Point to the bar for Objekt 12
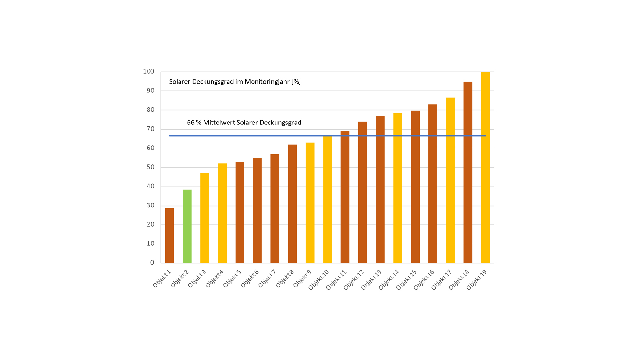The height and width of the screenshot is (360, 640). coord(363,192)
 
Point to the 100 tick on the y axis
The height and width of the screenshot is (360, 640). coord(148,72)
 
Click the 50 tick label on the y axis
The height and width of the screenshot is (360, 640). coord(150,167)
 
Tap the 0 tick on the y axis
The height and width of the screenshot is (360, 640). coord(152,263)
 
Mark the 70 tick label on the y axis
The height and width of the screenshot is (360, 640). coord(150,129)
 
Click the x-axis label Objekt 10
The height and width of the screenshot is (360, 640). coord(319,280)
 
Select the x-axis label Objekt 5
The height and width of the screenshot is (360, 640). coord(232,279)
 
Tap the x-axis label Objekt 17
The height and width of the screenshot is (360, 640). coord(441,280)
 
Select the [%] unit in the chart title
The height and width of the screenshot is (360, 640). coord(296,82)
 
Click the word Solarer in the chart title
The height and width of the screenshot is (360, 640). coord(180,82)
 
